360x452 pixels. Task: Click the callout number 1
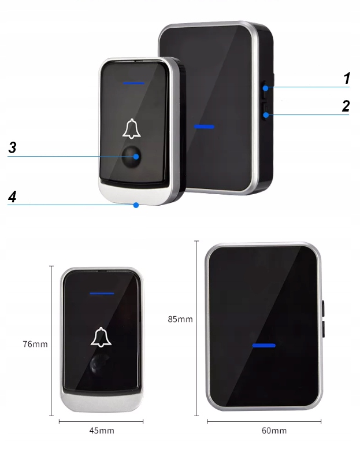coord(347,78)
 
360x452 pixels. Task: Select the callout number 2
coord(346,106)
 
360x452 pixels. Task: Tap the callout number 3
coord(12,147)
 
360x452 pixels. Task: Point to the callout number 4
coord(12,197)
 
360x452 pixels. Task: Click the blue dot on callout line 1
coord(265,88)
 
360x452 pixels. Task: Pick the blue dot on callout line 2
coord(266,115)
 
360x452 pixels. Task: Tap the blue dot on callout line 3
coord(136,157)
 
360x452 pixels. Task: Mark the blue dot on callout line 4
coord(136,205)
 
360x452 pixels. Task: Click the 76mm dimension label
coord(35,344)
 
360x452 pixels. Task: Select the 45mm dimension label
coord(102,431)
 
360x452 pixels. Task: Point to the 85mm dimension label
coord(180,319)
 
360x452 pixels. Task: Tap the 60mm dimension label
coord(274,431)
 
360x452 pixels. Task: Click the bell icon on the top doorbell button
coord(132,128)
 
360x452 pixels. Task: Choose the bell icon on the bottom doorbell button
coord(101,337)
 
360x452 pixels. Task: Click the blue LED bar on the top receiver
coord(204,127)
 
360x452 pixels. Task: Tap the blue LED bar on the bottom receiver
coord(263,345)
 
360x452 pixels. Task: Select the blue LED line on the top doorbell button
coord(133,83)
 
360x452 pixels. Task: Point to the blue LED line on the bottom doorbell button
coord(102,294)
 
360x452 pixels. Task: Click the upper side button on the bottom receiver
coord(323,309)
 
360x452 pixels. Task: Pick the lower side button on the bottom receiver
coord(323,329)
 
